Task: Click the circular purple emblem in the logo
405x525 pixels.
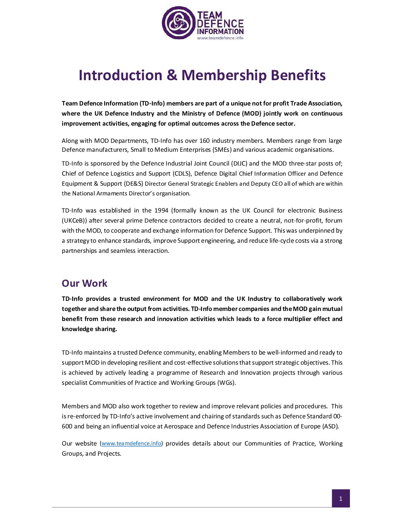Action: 179,23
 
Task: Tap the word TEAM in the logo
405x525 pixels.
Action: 210,15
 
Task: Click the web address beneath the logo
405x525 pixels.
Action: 220,38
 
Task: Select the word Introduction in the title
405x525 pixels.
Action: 121,75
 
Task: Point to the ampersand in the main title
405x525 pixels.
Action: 172,75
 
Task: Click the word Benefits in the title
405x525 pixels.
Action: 298,75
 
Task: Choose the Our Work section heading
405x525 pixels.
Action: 84,283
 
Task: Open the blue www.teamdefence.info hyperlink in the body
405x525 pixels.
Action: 131,443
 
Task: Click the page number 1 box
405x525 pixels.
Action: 341,499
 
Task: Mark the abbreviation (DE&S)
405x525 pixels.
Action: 133,183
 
